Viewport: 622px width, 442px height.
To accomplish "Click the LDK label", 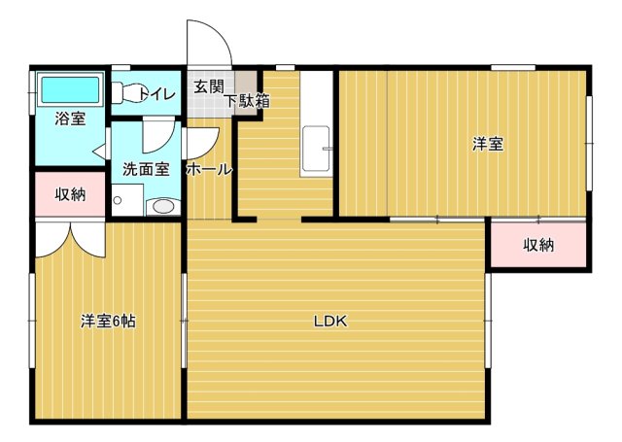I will click(330, 322).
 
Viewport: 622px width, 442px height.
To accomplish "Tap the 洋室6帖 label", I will click(107, 322).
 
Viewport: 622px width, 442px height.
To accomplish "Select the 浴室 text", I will click(69, 119).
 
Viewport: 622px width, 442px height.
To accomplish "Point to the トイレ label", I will click(156, 94).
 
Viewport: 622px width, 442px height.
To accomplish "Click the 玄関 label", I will click(207, 85).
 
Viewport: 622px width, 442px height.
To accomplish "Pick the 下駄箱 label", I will click(247, 100).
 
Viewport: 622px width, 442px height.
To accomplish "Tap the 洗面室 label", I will click(146, 168).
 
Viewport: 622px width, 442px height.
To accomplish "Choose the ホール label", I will click(209, 169).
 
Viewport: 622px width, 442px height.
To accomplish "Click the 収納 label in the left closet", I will click(70, 194).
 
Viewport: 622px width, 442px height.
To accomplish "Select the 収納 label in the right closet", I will click(537, 245).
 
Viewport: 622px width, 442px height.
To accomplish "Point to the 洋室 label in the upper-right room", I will click(488, 144).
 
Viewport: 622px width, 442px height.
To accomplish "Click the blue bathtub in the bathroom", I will click(70, 90).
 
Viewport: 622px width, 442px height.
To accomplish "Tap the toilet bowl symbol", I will click(121, 93).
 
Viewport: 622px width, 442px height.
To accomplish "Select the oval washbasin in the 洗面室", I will click(163, 206).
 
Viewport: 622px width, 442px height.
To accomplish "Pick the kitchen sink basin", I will click(316, 153).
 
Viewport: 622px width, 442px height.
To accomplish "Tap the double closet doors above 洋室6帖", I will click(69, 236).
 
